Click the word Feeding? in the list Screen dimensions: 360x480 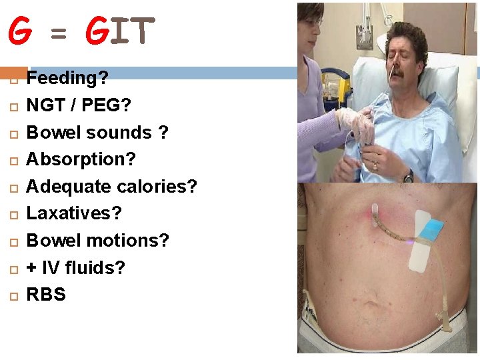(x=67, y=79)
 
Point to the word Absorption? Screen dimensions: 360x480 (x=81, y=160)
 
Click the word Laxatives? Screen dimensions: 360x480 (x=74, y=214)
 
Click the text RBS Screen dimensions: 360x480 (x=46, y=295)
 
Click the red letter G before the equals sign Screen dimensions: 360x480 (x=20, y=31)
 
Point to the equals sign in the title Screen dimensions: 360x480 (x=59, y=33)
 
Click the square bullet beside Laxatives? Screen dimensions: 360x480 (x=11, y=215)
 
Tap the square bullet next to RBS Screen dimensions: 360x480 (x=11, y=295)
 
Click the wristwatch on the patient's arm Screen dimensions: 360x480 (x=408, y=176)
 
